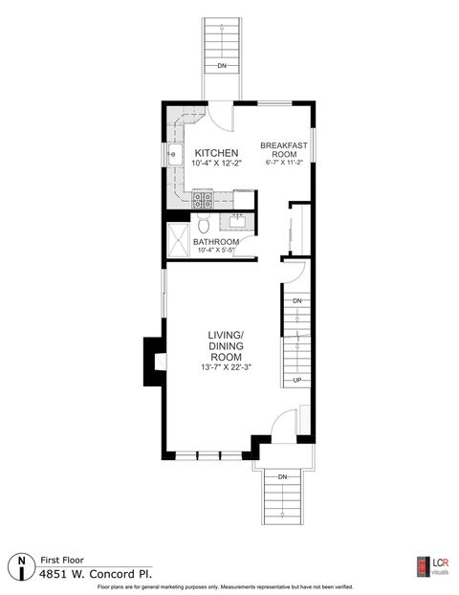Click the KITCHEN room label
point(216,153)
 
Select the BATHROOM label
point(215,242)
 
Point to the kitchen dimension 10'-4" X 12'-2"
point(216,165)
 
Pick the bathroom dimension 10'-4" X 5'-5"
point(216,251)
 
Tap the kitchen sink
point(175,155)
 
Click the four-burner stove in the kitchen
point(203,200)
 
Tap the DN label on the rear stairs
point(222,66)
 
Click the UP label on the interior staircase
point(297,380)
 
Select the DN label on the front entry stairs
point(282,476)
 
